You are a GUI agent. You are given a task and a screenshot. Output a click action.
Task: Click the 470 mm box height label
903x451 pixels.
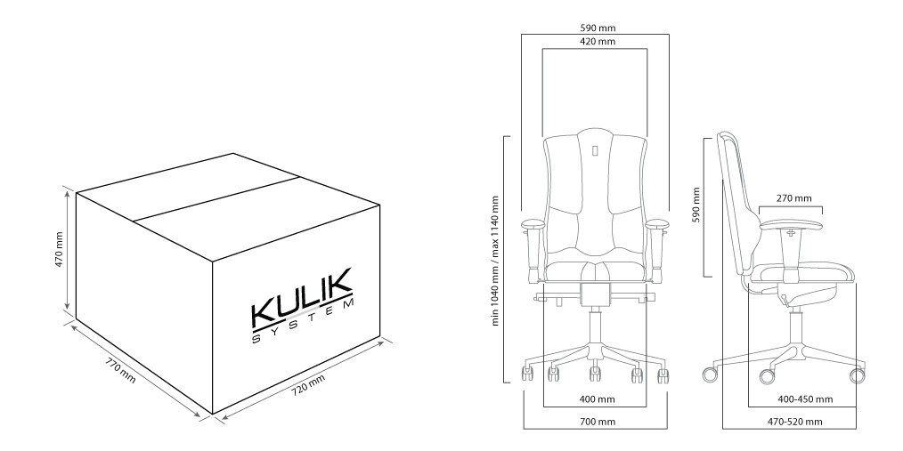pos(59,250)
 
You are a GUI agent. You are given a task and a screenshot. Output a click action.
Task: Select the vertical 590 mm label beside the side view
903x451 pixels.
pos(696,205)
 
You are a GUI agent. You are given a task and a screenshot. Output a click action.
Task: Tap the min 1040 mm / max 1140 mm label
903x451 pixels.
pos(495,261)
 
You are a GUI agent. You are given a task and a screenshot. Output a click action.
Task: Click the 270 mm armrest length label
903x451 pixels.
pos(794,198)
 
